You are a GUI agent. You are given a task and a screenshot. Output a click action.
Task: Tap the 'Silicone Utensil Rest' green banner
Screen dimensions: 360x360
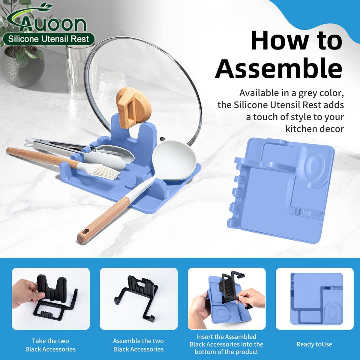(49, 39)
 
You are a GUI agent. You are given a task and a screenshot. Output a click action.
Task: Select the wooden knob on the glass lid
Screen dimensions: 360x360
(133, 108)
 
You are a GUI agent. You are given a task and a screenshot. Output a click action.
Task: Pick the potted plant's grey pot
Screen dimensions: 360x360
(23, 69)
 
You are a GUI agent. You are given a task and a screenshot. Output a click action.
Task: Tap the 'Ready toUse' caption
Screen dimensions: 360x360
(314, 344)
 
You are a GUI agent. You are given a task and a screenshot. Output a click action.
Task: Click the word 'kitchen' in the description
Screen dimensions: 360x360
(302, 129)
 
